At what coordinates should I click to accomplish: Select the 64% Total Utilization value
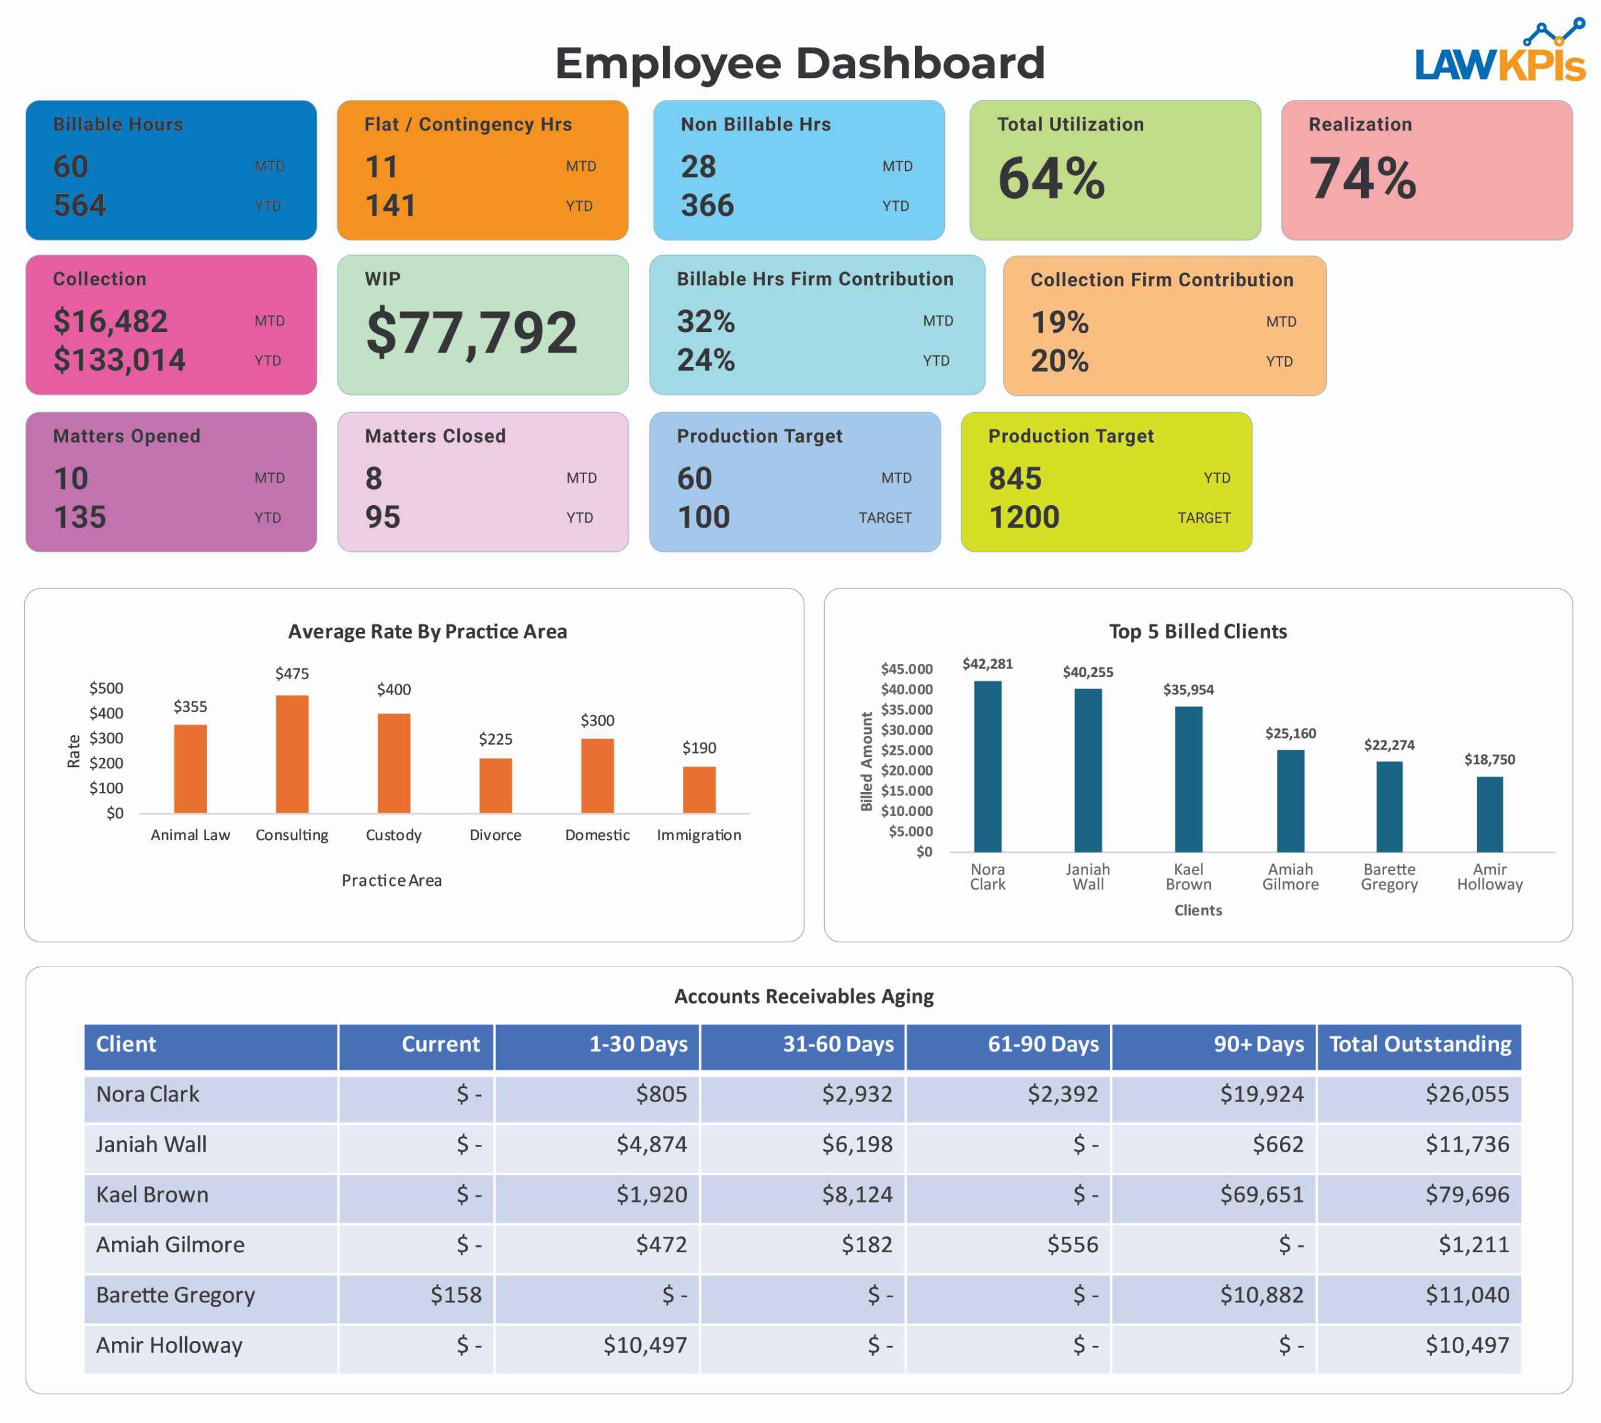(x=1051, y=179)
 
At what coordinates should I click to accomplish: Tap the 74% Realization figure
(x=1362, y=179)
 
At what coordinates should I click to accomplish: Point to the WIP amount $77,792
(x=472, y=333)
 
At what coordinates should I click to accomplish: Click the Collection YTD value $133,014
(x=119, y=360)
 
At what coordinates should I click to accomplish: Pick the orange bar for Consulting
(x=292, y=753)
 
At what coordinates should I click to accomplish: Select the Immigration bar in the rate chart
(x=699, y=790)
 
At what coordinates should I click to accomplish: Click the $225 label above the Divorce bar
(x=495, y=739)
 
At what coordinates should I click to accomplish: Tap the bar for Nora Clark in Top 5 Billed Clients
(x=987, y=766)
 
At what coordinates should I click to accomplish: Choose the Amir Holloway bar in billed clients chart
(x=1489, y=815)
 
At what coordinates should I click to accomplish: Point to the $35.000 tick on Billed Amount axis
(x=907, y=710)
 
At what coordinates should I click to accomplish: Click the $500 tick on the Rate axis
(x=106, y=688)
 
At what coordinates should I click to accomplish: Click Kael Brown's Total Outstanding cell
(x=1467, y=1194)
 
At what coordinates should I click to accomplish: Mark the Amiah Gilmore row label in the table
(x=170, y=1244)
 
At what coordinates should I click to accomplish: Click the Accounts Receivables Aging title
(x=804, y=996)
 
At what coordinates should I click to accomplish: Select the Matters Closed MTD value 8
(x=373, y=478)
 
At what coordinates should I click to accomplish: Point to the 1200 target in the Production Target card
(x=1024, y=518)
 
